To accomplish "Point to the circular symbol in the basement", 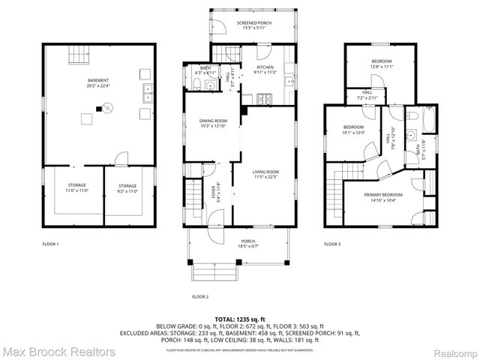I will coord(107,106).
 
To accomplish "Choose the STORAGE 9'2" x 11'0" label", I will coord(127,187).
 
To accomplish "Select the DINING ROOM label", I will coord(213,124).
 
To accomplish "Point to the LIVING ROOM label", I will coord(266,174).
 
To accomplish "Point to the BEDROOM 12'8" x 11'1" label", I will coord(382,64).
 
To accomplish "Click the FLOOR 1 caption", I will coord(51,244).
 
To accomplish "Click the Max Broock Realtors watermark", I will coord(58,352).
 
